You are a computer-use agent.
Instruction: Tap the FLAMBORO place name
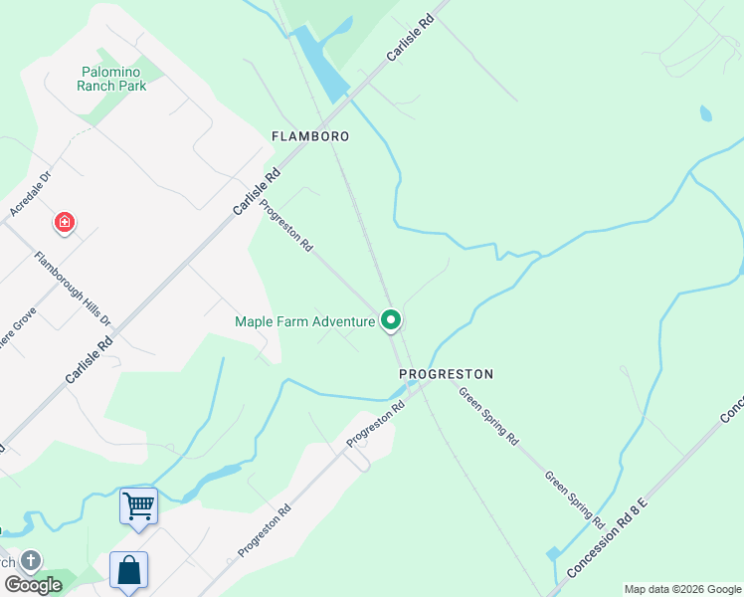(311, 135)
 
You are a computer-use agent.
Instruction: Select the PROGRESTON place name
(446, 374)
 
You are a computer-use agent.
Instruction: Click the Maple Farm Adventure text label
(304, 321)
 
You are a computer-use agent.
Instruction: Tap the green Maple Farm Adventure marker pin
(391, 319)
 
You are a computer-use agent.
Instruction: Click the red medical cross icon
(65, 222)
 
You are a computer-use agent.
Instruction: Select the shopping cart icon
(138, 505)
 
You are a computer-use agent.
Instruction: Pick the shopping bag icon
(129, 571)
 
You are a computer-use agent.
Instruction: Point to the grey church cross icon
(31, 562)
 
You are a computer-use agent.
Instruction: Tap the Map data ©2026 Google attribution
(682, 589)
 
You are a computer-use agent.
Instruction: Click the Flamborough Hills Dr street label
(73, 290)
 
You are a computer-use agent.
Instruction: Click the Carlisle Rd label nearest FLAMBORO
(258, 191)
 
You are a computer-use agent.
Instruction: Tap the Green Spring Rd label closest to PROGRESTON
(488, 415)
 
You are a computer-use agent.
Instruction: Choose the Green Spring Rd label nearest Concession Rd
(574, 498)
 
